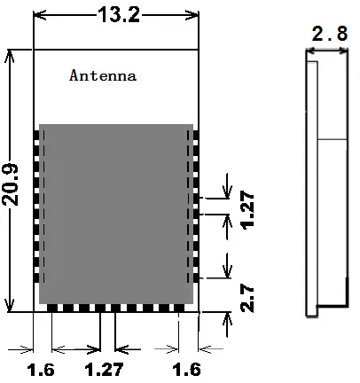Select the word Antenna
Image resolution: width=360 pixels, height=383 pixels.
[103, 76]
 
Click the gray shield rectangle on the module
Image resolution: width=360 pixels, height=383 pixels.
[115, 213]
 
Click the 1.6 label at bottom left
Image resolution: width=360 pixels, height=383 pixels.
[41, 368]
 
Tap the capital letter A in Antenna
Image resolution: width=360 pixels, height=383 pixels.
[74, 76]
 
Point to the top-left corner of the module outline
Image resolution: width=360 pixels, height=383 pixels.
[34, 47]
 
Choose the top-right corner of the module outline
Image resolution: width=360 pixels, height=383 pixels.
[199, 47]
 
